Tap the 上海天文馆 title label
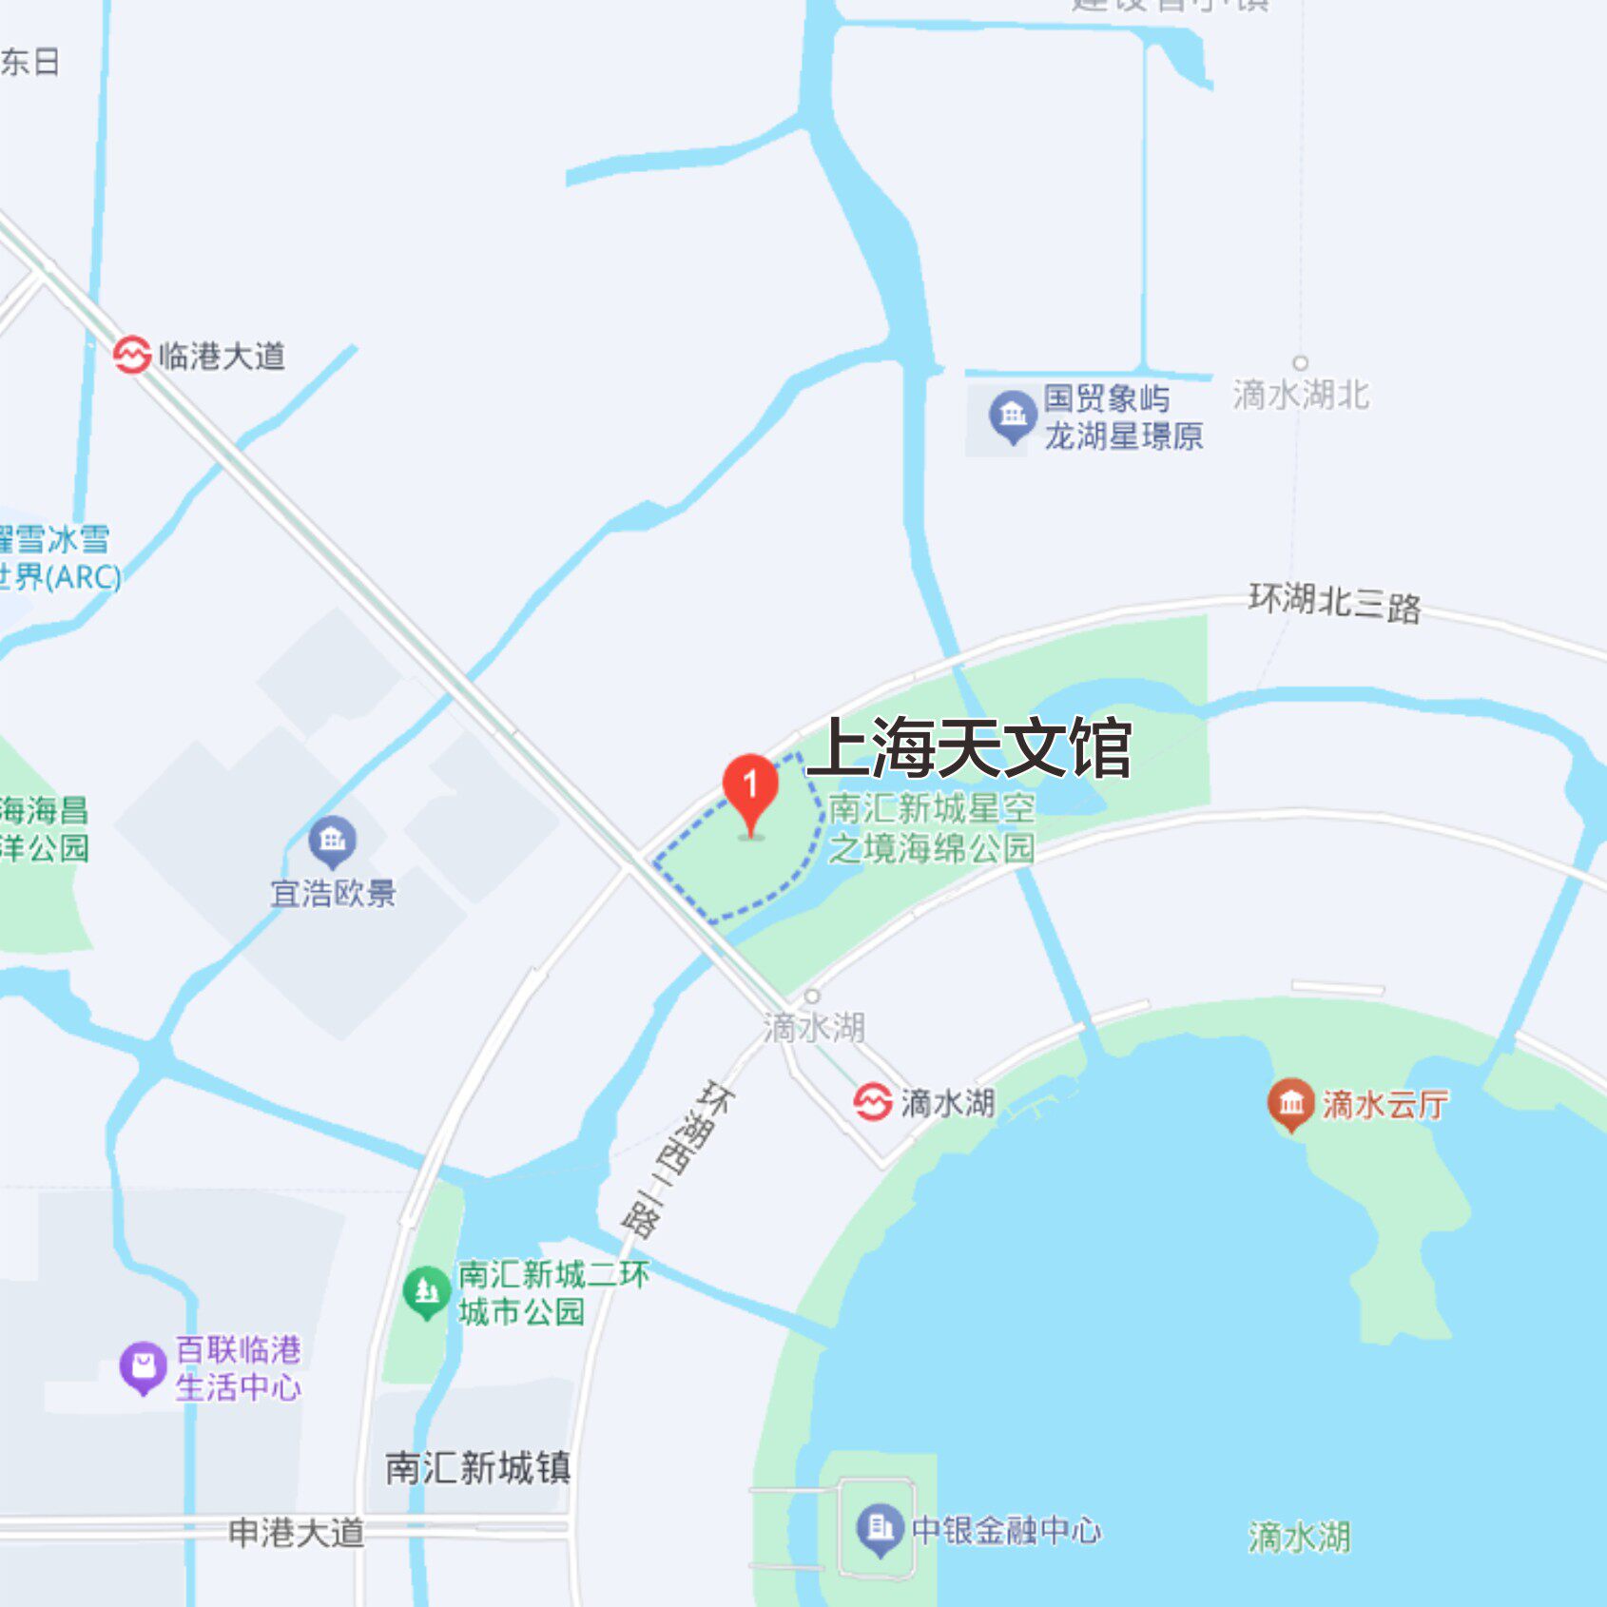pos(969,748)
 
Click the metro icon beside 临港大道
pos(132,356)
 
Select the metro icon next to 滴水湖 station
pos(872,1103)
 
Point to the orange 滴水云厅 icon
pos(1290,1103)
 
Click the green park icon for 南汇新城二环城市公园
pos(426,1291)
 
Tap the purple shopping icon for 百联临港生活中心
pos(143,1367)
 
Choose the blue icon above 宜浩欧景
pos(332,841)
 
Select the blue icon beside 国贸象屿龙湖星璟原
pos(1012,416)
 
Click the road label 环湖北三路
pos(1334,603)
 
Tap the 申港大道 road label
pos(297,1533)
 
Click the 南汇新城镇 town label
pos(477,1468)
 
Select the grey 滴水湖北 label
pos(1301,395)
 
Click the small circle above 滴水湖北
pos(1300,362)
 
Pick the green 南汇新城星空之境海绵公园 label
pos(931,828)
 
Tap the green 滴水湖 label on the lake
pos(1299,1537)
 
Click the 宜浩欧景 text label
pos(333,894)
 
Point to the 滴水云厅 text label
pos(1384,1104)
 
